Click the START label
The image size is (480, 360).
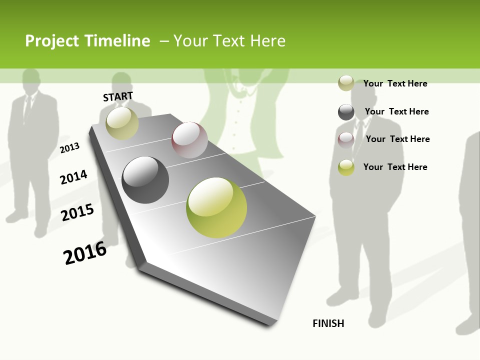[x=118, y=96]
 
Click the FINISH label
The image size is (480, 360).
[x=328, y=323]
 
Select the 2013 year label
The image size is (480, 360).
[x=70, y=147]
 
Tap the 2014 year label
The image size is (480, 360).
[x=73, y=177]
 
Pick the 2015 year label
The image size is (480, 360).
[x=77, y=212]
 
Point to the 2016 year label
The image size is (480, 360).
[x=85, y=252]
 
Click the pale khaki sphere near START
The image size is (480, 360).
[x=122, y=123]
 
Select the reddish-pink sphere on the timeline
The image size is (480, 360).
[x=189, y=140]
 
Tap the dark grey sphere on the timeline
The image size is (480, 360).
[x=145, y=180]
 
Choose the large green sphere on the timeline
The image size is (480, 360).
[x=216, y=207]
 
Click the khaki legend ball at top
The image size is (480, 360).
[x=346, y=83]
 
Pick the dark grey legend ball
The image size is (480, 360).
[x=346, y=112]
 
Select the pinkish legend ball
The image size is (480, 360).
[x=346, y=140]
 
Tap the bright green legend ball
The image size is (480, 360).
[x=346, y=167]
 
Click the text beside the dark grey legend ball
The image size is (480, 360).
[x=396, y=111]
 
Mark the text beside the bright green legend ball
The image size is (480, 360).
[x=395, y=167]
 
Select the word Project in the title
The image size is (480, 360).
[x=52, y=41]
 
